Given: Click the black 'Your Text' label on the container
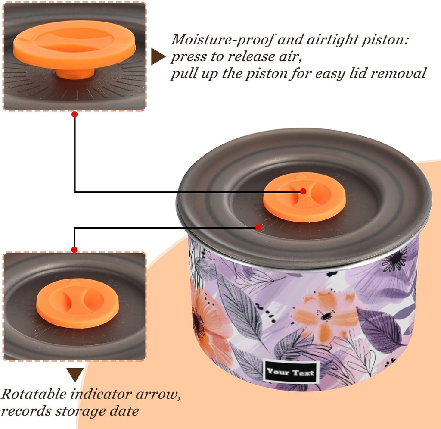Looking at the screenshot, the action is [x=291, y=372].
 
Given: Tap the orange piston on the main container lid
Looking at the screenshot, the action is [x=304, y=197].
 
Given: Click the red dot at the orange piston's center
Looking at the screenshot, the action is [x=303, y=191].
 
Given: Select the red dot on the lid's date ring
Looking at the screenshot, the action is [x=259, y=227].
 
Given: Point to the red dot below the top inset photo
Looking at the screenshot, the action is [x=75, y=114].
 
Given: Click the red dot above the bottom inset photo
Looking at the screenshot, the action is [x=74, y=250].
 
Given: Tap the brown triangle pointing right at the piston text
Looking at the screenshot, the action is [x=158, y=56].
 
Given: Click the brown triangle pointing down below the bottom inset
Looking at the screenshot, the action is [x=75, y=375].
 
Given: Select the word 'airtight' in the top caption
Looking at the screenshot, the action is [x=332, y=40].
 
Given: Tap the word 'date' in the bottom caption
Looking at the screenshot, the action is [x=124, y=411].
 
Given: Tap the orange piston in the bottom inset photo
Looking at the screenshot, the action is [x=78, y=303].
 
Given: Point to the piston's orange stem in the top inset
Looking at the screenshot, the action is [x=75, y=74].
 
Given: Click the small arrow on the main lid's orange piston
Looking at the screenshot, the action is [x=301, y=176].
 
